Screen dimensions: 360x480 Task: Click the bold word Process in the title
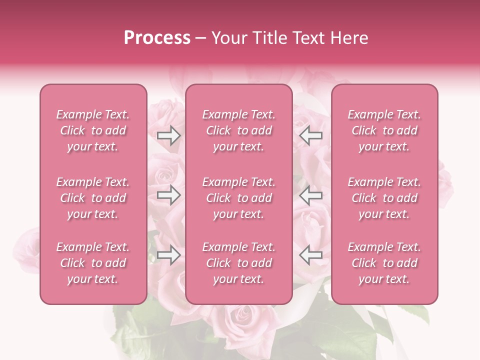pos(157,38)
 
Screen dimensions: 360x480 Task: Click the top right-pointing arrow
pos(168,135)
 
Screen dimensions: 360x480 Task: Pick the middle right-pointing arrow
pos(168,195)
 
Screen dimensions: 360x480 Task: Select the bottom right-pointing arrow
pos(168,255)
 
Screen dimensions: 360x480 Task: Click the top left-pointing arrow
pos(310,135)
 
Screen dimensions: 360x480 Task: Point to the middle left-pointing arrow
pos(310,195)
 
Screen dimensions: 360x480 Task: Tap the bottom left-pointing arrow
pos(310,255)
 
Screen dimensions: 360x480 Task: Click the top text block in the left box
pos(93,130)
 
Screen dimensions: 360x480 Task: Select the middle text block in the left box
pos(93,198)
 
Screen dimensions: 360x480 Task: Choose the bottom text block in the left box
pos(93,263)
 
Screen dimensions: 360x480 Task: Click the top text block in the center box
pos(238,130)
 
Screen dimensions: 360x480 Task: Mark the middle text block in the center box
pos(238,198)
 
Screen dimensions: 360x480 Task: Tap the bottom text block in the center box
pos(238,263)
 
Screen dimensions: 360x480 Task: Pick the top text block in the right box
pos(384,130)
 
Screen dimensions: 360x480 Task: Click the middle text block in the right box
pos(384,198)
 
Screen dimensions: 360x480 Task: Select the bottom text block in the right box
pos(384,263)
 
